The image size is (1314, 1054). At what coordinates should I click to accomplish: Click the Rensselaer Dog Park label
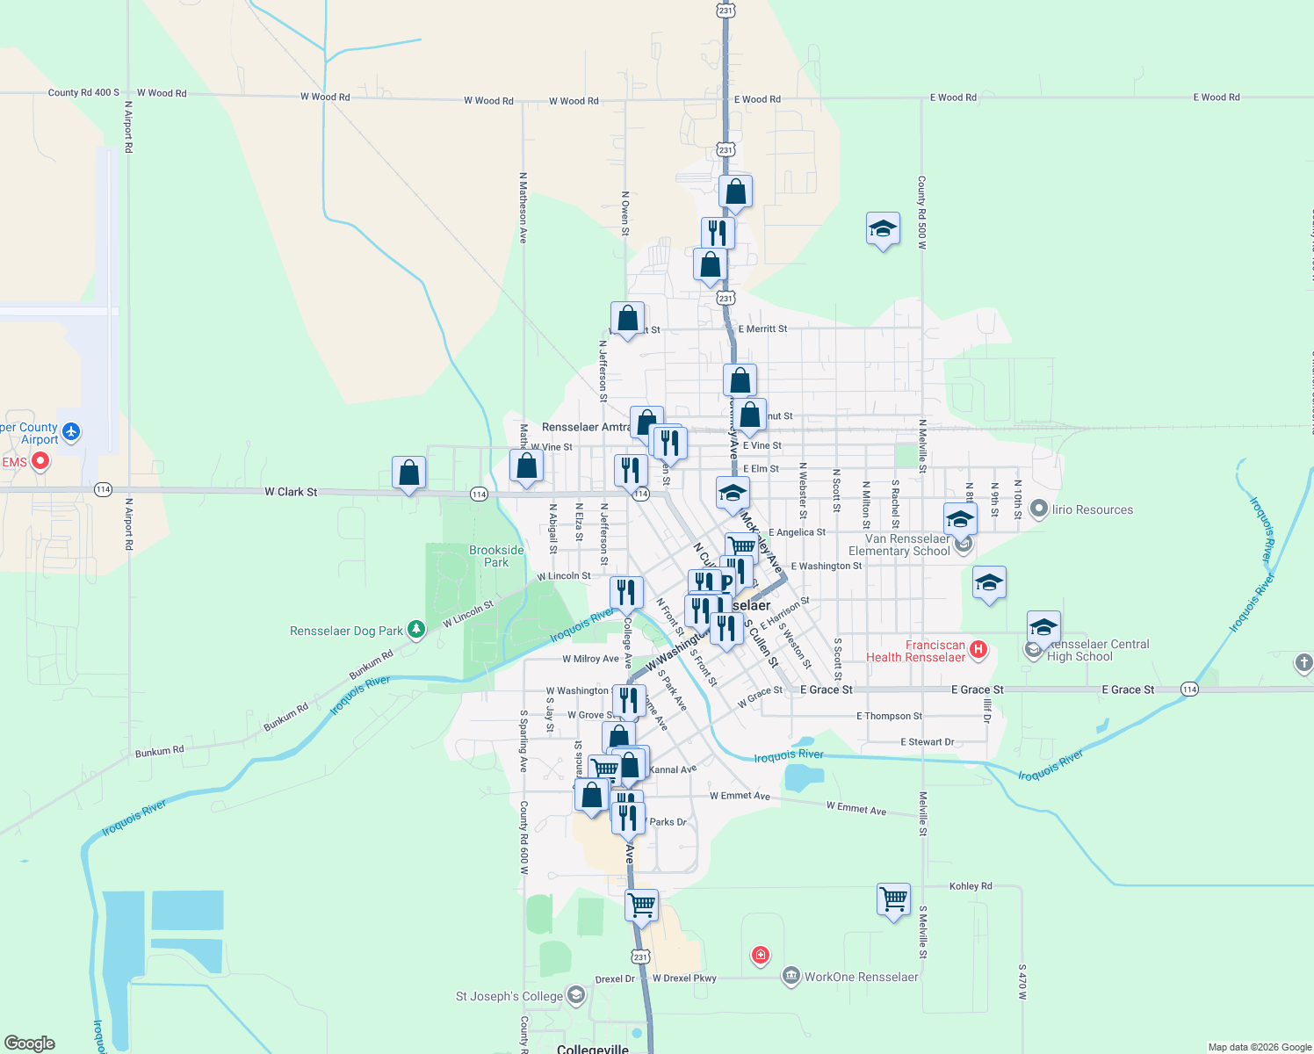[346, 631]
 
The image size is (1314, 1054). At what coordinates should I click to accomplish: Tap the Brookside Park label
[496, 556]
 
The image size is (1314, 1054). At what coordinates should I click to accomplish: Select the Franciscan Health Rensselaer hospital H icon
[978, 650]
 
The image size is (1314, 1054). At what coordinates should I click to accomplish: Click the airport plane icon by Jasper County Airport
[71, 431]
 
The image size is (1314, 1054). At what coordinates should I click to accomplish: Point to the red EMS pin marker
[40, 460]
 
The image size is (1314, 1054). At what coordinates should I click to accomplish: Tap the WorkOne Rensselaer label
[861, 977]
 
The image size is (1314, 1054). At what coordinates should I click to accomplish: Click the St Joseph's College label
[509, 996]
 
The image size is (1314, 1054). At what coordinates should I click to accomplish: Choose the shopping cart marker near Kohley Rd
[893, 900]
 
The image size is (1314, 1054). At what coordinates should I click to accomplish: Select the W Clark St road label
[291, 492]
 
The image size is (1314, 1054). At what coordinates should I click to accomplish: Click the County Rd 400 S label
[83, 92]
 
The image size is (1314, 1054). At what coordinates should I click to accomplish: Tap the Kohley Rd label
[971, 886]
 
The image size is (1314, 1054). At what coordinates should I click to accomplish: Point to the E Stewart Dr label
[927, 742]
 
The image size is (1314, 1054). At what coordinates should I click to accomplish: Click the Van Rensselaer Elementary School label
[906, 545]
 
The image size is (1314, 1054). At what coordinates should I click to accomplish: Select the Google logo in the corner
[30, 1043]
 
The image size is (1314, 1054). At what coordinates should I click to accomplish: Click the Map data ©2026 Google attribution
[1260, 1047]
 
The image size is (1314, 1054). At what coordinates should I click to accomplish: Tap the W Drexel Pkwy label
[684, 978]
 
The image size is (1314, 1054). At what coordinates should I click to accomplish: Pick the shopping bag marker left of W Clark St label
[408, 473]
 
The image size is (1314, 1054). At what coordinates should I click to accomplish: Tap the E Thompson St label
[889, 717]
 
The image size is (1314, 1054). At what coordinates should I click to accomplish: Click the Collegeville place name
[593, 1049]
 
